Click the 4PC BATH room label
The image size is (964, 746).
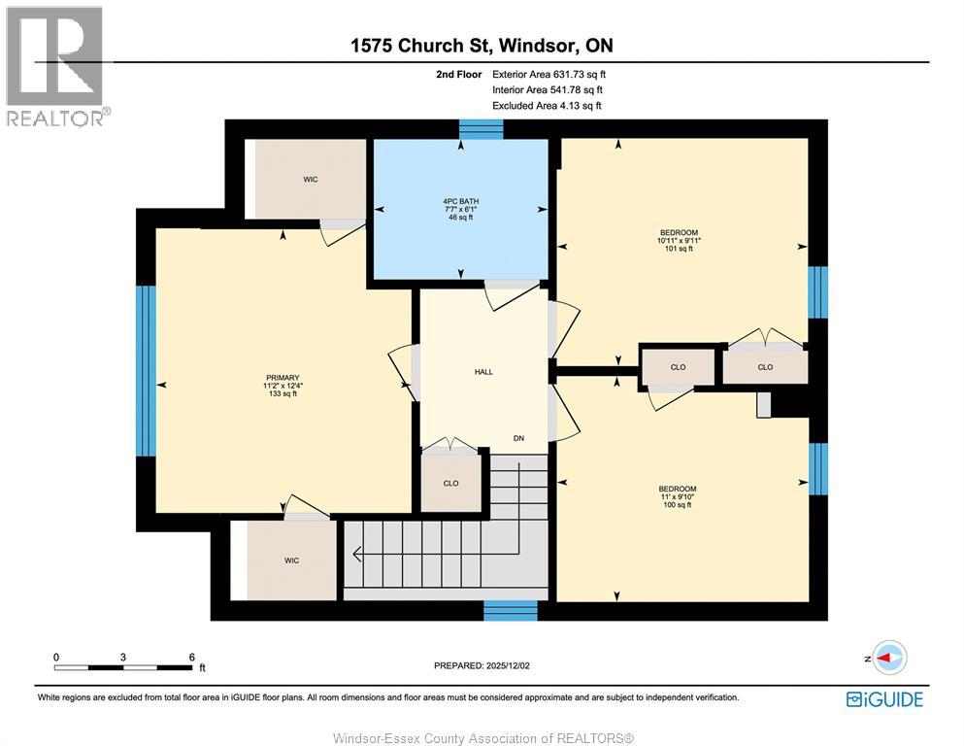pyautogui.click(x=460, y=209)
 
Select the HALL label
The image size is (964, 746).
pyautogui.click(x=483, y=372)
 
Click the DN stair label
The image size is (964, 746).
pyautogui.click(x=518, y=439)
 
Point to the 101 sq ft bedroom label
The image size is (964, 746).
pyautogui.click(x=679, y=240)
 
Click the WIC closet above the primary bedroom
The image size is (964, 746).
pyautogui.click(x=310, y=180)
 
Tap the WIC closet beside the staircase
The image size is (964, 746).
pyautogui.click(x=291, y=560)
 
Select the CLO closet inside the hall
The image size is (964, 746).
pyautogui.click(x=450, y=484)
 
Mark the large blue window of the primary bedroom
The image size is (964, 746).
pyautogui.click(x=146, y=370)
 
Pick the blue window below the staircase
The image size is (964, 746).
pyautogui.click(x=510, y=610)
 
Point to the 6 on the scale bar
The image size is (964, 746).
pyautogui.click(x=191, y=657)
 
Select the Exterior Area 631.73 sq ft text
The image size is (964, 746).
pyautogui.click(x=548, y=74)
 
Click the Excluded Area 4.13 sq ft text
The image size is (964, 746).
pyautogui.click(x=547, y=105)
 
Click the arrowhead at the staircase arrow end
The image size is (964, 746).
pyautogui.click(x=357, y=556)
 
